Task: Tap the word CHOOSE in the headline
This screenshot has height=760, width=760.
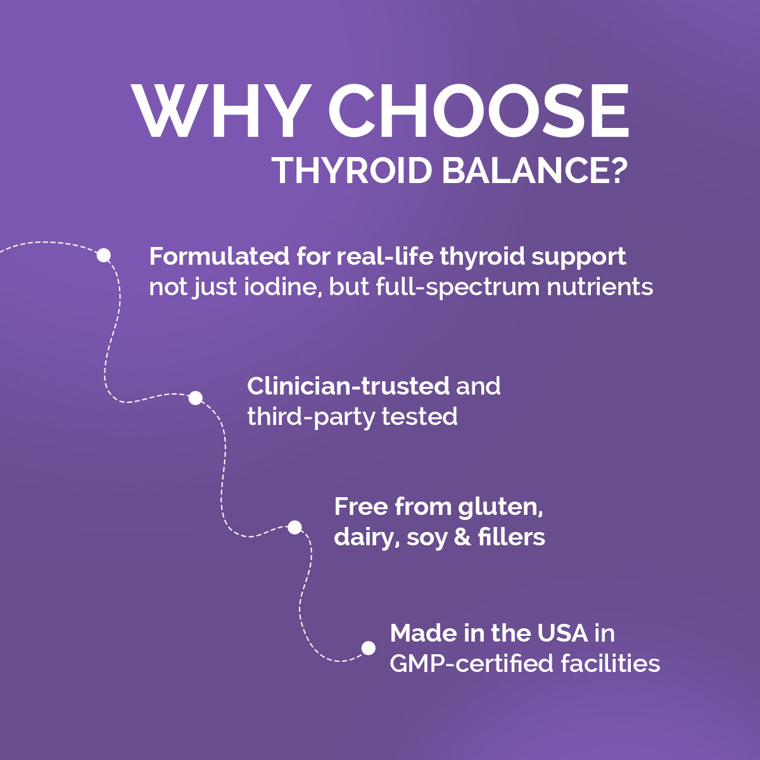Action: pyautogui.click(x=479, y=111)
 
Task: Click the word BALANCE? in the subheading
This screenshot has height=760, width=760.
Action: pyautogui.click(x=535, y=171)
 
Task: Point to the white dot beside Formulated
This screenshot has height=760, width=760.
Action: pyautogui.click(x=104, y=255)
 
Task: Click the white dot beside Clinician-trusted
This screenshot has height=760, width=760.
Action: pyautogui.click(x=196, y=398)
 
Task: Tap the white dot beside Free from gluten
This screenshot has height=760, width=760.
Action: pyautogui.click(x=294, y=527)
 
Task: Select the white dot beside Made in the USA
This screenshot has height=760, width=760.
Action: pyautogui.click(x=369, y=648)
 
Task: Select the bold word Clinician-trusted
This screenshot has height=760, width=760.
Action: pyautogui.click(x=348, y=386)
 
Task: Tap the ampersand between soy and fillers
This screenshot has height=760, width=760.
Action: pyautogui.click(x=463, y=537)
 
